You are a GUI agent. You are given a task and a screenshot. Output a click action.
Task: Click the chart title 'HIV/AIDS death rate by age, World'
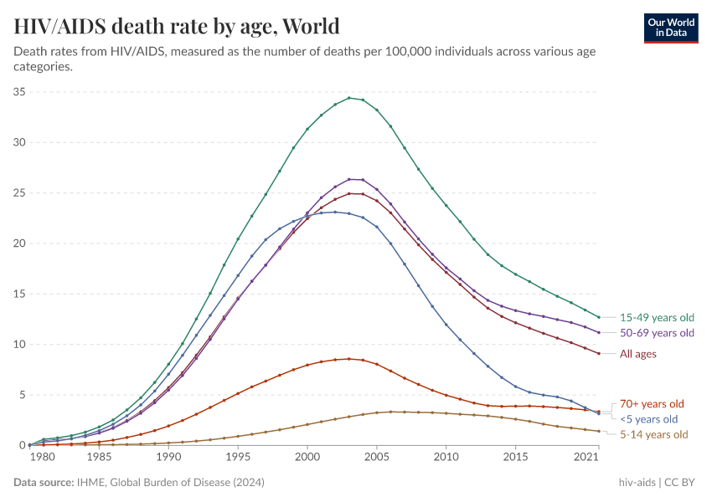(x=177, y=25)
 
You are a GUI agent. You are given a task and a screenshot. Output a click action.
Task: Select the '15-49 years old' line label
(x=657, y=318)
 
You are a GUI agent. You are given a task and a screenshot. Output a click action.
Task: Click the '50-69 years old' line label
(x=657, y=333)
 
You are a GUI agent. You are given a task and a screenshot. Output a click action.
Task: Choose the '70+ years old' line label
(x=652, y=403)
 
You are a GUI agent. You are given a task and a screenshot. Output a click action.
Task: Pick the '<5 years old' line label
(x=648, y=418)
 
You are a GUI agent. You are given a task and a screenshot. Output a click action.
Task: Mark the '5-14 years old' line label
(x=653, y=434)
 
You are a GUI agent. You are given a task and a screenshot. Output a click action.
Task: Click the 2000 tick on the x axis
(x=307, y=458)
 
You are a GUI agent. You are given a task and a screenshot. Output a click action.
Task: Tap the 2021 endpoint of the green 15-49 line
(x=599, y=317)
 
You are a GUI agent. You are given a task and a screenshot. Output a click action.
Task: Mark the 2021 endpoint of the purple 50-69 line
(x=599, y=332)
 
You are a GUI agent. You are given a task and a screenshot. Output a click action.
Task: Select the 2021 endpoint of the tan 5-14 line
(x=599, y=431)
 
